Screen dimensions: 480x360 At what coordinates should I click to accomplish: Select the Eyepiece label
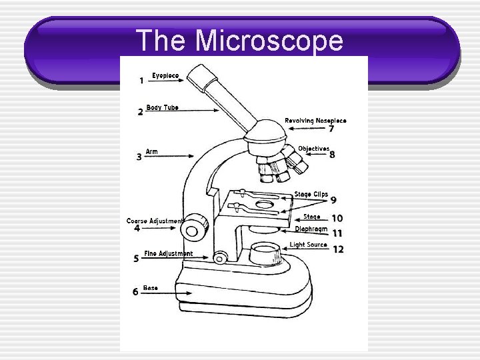tap(165, 76)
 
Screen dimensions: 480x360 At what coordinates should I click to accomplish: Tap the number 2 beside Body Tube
tap(140, 112)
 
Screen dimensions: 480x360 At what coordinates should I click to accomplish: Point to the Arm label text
tap(152, 152)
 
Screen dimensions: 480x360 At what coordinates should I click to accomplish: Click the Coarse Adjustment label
tap(154, 221)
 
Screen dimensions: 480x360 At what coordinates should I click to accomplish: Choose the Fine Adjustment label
tap(168, 253)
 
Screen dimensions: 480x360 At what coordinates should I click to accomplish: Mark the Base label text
tap(151, 288)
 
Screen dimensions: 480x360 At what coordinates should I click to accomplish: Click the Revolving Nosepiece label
tap(315, 121)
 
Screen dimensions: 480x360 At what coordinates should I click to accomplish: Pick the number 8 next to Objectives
tap(332, 155)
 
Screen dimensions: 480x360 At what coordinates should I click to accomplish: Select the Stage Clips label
tap(311, 195)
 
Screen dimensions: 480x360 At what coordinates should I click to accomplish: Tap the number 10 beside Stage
tap(337, 218)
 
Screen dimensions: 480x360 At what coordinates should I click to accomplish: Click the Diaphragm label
tap(311, 229)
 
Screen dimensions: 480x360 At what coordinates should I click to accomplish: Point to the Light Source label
tap(309, 245)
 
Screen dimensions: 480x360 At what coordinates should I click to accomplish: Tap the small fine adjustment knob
tap(221, 257)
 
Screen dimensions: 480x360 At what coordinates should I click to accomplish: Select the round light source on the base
tap(265, 253)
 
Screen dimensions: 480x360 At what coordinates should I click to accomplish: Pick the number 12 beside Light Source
tap(338, 249)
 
